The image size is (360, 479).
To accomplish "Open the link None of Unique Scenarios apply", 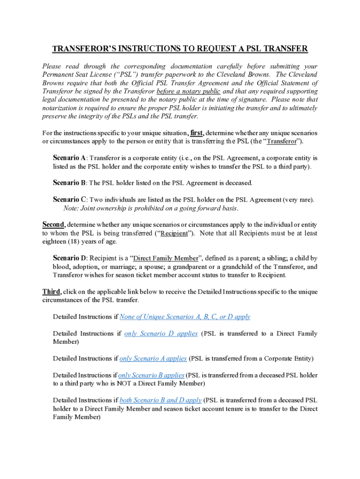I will tap(185, 317).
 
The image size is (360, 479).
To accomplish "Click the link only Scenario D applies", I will tap(161, 334).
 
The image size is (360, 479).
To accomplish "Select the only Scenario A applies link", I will tap(153, 358).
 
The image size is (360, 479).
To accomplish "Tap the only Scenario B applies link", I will tap(151, 375).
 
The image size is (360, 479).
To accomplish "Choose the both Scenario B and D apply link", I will tap(161, 400).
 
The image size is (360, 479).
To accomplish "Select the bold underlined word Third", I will tap(51, 291).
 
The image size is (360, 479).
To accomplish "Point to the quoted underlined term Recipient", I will tap(174, 233).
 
